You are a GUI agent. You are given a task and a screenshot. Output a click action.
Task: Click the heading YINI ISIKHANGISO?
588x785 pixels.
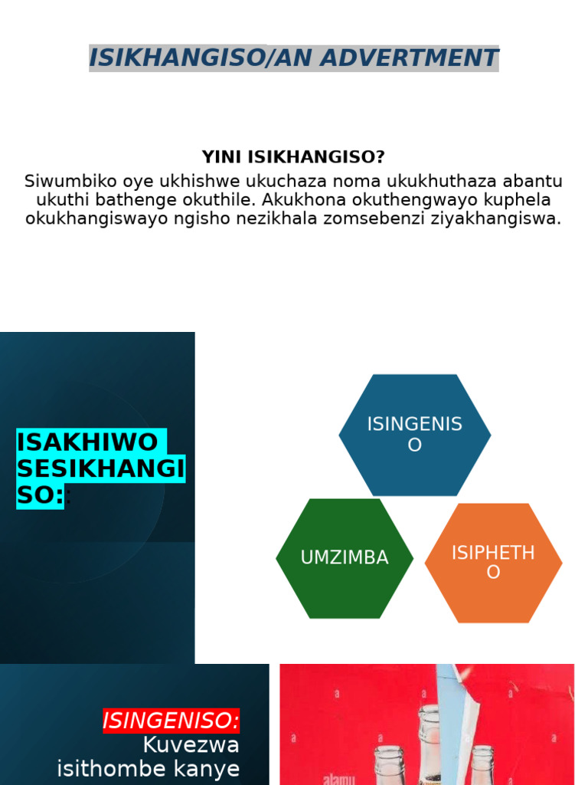pos(293,157)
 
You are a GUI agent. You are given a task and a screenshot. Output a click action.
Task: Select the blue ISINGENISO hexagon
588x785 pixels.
pos(414,435)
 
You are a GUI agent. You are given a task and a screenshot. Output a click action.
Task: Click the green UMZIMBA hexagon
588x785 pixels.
pos(345,558)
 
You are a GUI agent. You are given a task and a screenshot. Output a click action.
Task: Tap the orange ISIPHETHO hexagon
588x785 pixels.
pos(493,563)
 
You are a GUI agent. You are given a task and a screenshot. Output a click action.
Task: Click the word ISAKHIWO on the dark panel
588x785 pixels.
pos(87,442)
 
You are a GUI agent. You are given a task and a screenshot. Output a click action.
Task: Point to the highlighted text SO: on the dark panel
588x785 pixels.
pos(40,496)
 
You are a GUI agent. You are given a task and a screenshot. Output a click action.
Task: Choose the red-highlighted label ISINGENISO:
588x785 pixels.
pos(171,721)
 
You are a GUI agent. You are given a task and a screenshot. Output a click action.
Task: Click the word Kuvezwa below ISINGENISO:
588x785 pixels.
pos(191,745)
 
